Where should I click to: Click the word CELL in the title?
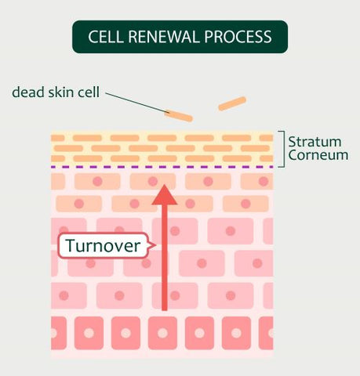pyautogui.click(x=106, y=37)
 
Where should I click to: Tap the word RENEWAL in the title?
pyautogui.click(x=164, y=37)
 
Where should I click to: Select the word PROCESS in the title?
pyautogui.click(x=238, y=37)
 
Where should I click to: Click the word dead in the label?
pyautogui.click(x=28, y=92)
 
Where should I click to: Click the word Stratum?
pyautogui.click(x=315, y=142)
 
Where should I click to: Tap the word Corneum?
pyautogui.click(x=318, y=155)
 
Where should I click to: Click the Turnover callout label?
pyautogui.click(x=104, y=245)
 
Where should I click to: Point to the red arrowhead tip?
pyautogui.click(x=165, y=185)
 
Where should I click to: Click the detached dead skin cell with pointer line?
pyautogui.click(x=179, y=116)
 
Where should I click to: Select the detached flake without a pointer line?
pyautogui.click(x=232, y=103)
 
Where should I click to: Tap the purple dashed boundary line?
pyautogui.click(x=162, y=167)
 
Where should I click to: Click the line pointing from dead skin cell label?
pyautogui.click(x=136, y=103)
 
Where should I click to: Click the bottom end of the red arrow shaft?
pyautogui.click(x=165, y=310)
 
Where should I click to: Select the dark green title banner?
pyautogui.click(x=180, y=37)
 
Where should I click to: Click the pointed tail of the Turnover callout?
pyautogui.click(x=156, y=245)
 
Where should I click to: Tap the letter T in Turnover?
pyautogui.click(x=71, y=245)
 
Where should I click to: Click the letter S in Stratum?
pyautogui.click(x=292, y=142)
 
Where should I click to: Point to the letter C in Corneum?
pyautogui.click(x=293, y=155)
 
